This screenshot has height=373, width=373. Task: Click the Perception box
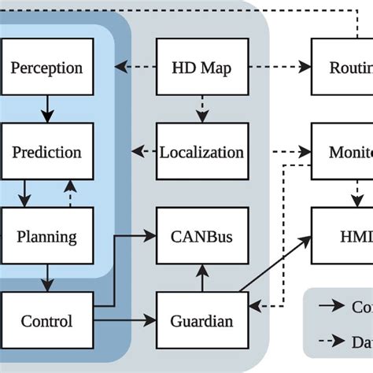[46, 67]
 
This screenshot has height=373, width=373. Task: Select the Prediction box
[46, 151]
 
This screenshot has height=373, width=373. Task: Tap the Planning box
[46, 236]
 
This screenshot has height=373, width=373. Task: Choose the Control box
[46, 321]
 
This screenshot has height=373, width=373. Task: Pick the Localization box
[201, 151]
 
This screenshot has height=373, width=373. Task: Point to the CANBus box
[201, 236]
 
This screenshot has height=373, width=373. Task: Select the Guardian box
[201, 321]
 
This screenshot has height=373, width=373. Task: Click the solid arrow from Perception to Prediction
[46, 109]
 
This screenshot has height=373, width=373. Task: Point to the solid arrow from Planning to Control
[46, 278]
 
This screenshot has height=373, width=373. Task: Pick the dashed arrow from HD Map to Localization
[201, 109]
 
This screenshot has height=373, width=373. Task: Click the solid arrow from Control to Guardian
[125, 321]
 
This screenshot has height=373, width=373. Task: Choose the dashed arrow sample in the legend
[334, 342]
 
